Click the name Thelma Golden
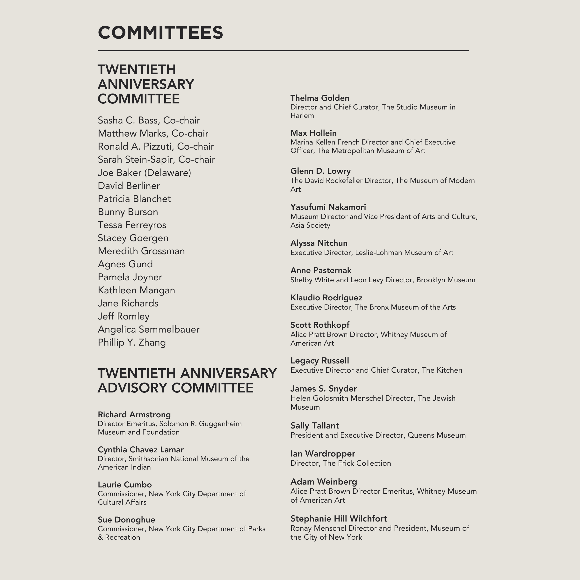point(320,98)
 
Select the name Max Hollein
point(313,133)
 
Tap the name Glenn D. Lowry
point(320,171)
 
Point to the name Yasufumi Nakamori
point(328,207)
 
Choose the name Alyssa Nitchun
point(319,243)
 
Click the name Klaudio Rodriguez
point(326,298)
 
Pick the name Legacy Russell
point(319,361)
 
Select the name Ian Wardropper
point(323,454)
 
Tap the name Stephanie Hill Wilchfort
point(339,519)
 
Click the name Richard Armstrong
point(134,415)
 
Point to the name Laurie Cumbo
point(125,485)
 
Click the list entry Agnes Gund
point(125,264)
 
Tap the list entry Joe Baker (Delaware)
point(145,173)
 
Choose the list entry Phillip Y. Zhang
point(132,342)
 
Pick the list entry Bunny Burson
point(128,212)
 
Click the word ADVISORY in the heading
point(132,388)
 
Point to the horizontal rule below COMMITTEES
point(283,51)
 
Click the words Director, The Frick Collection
point(341,463)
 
